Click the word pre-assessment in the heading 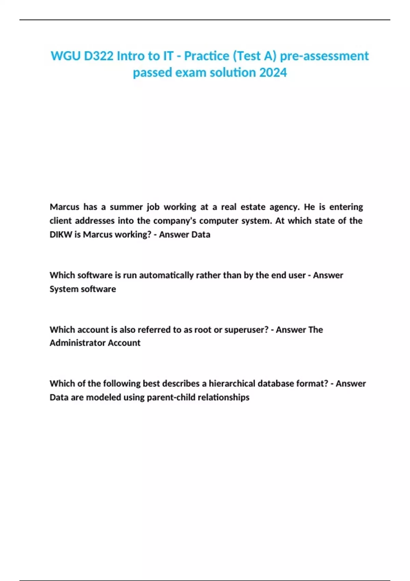click(324, 56)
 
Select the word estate click(253, 207)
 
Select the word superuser click(246, 330)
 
